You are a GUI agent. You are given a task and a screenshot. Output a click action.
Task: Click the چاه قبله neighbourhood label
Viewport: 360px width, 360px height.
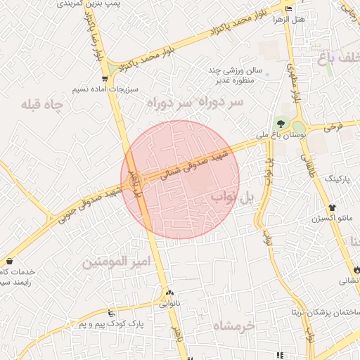coord(42,105)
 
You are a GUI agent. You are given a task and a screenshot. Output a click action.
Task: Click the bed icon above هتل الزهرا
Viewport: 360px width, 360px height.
coord(289,8)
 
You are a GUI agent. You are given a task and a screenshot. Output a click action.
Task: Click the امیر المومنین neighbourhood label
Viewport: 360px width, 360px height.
coord(117,262)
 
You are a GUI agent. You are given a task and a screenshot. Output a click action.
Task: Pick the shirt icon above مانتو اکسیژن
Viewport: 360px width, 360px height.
coord(332,208)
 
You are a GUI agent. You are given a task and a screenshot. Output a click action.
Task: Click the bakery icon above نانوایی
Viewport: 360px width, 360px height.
coord(169,293)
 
